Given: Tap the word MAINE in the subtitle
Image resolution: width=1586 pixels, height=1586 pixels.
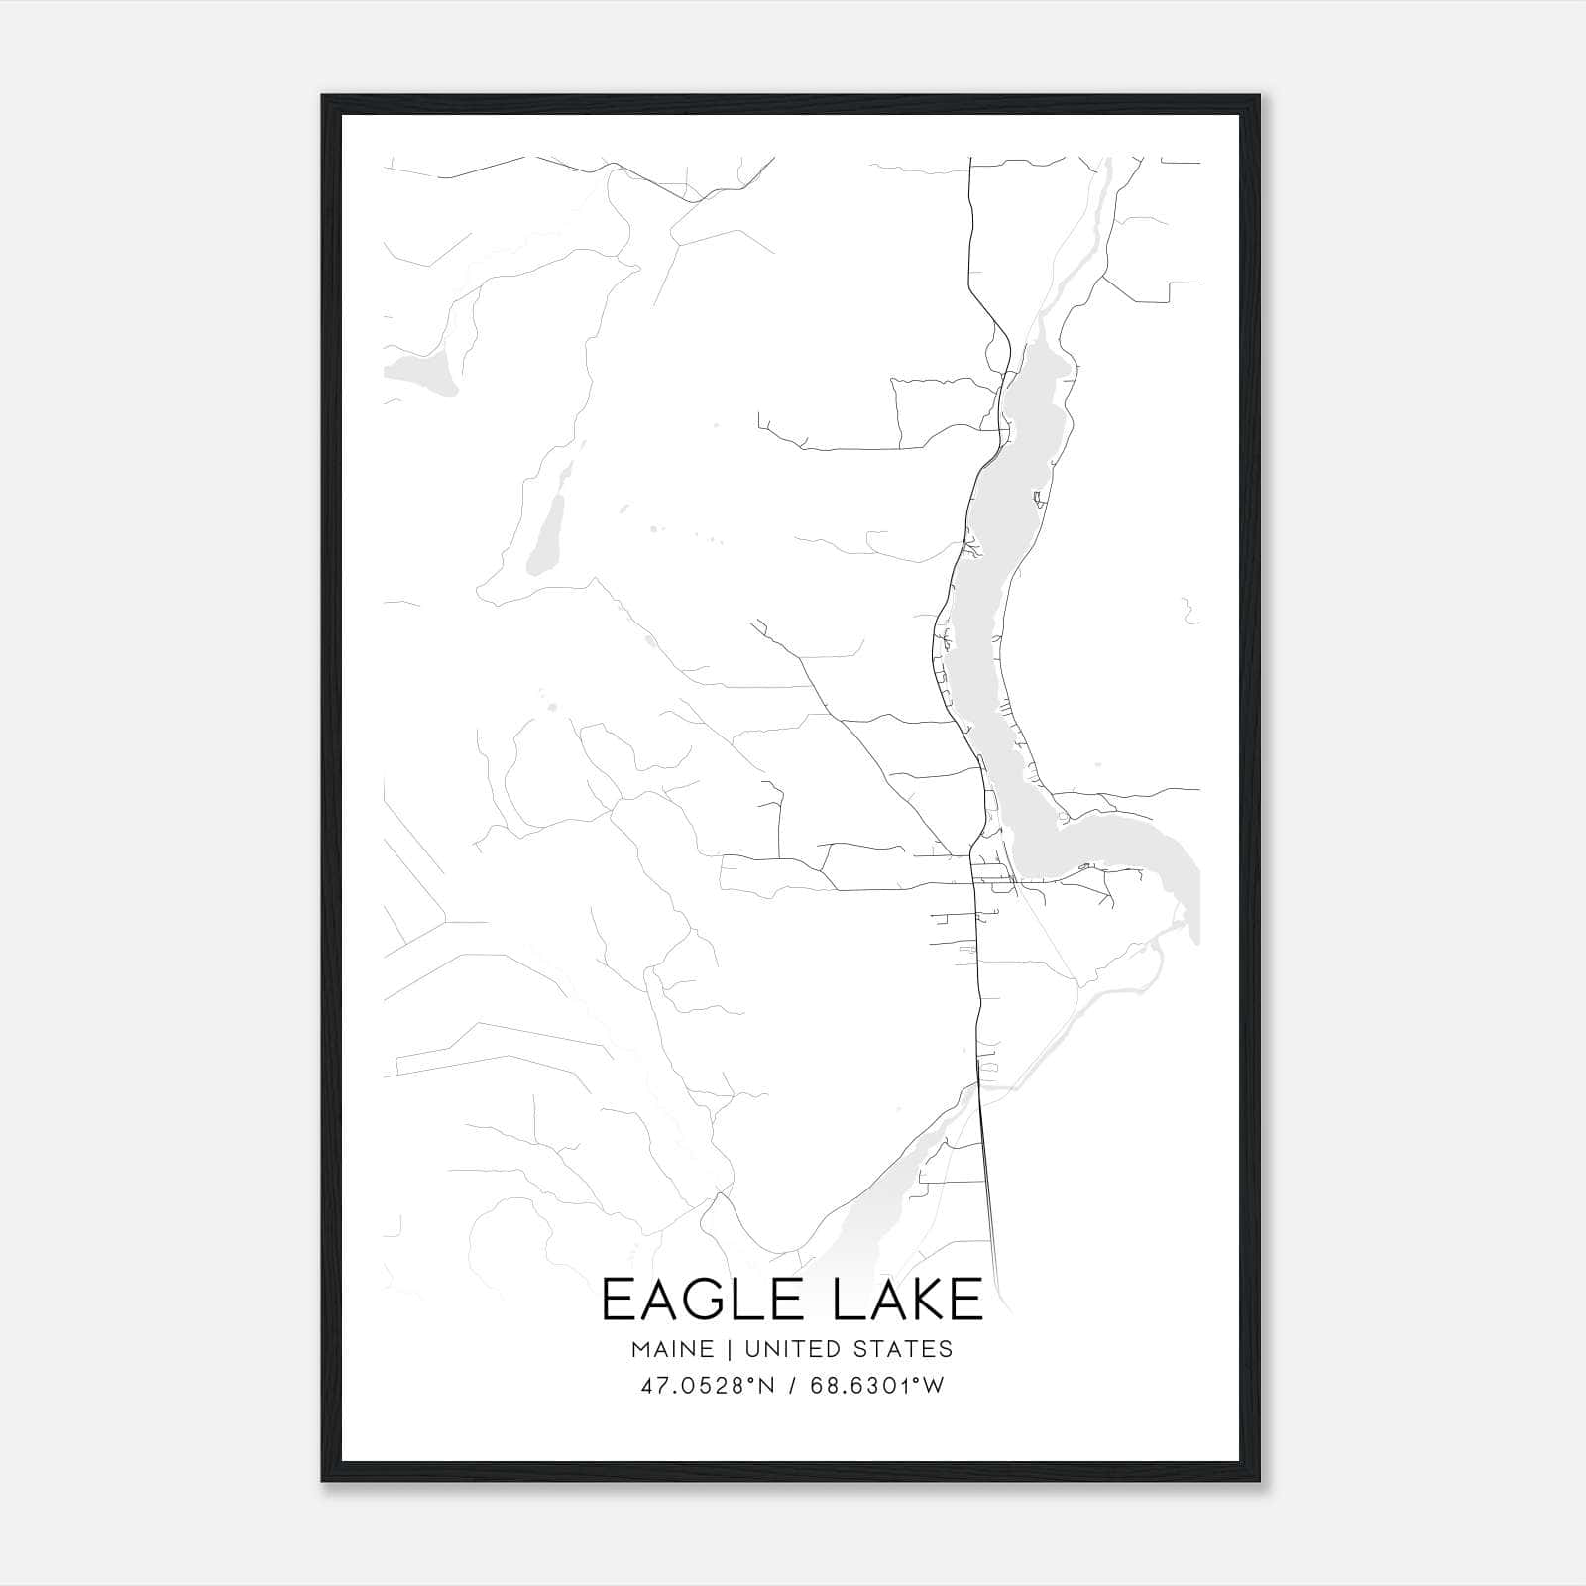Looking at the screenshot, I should point(671,1349).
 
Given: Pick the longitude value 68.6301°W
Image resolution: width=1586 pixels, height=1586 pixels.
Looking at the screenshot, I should point(877,1386).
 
